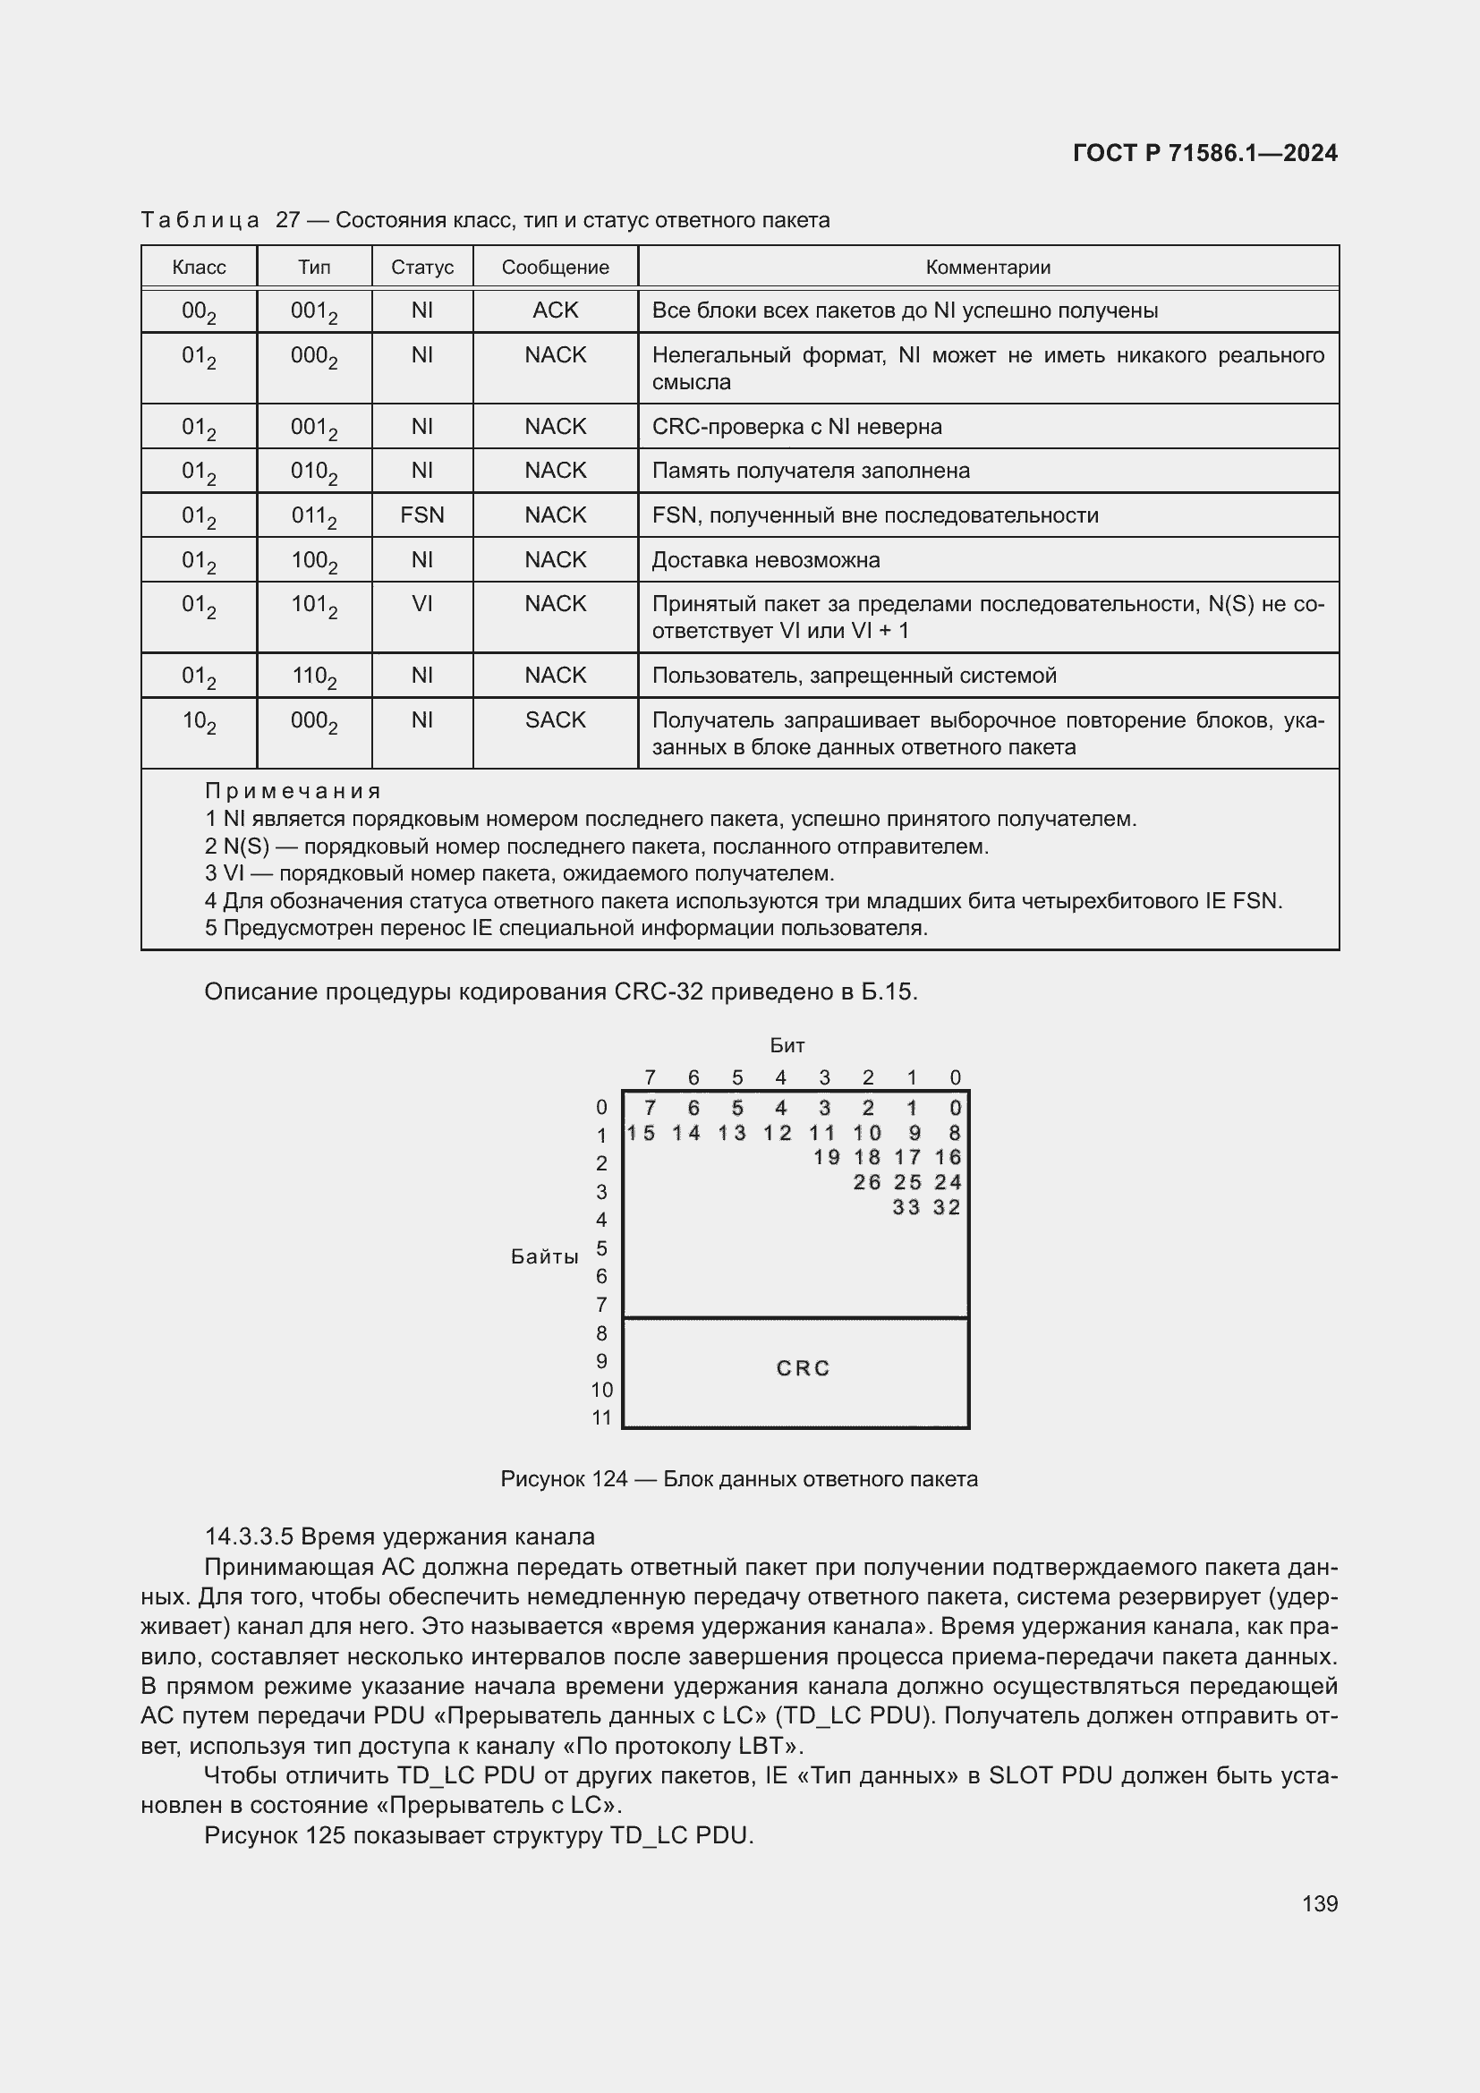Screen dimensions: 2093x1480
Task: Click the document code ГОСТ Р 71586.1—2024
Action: pos(1204,153)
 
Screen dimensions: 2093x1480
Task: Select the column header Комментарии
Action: pos(988,267)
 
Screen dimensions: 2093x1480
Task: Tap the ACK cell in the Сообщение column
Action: pos(555,310)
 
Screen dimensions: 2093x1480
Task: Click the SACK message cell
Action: pos(555,720)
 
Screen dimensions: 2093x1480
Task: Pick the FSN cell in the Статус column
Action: pos(422,515)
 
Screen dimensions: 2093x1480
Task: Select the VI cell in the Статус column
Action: pos(422,603)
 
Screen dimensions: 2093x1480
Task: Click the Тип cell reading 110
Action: pos(313,676)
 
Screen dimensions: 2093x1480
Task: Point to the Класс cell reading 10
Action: pos(199,721)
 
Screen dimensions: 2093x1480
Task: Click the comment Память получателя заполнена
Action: pos(810,471)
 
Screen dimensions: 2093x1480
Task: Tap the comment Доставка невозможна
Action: pos(766,559)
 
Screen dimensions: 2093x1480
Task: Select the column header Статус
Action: pos(422,267)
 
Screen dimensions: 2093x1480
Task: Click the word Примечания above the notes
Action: pos(292,790)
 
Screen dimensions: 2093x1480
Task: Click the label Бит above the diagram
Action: pos(787,1044)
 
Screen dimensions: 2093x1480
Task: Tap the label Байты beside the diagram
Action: pos(544,1256)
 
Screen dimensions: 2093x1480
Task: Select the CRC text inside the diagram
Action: pos(803,1368)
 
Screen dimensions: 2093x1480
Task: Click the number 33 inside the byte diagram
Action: pos(906,1207)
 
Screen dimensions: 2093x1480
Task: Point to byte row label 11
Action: pos(601,1417)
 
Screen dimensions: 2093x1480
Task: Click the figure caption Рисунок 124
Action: pos(738,1478)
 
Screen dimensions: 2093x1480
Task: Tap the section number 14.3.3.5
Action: pos(248,1536)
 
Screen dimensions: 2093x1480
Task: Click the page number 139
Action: pos(1320,1903)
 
